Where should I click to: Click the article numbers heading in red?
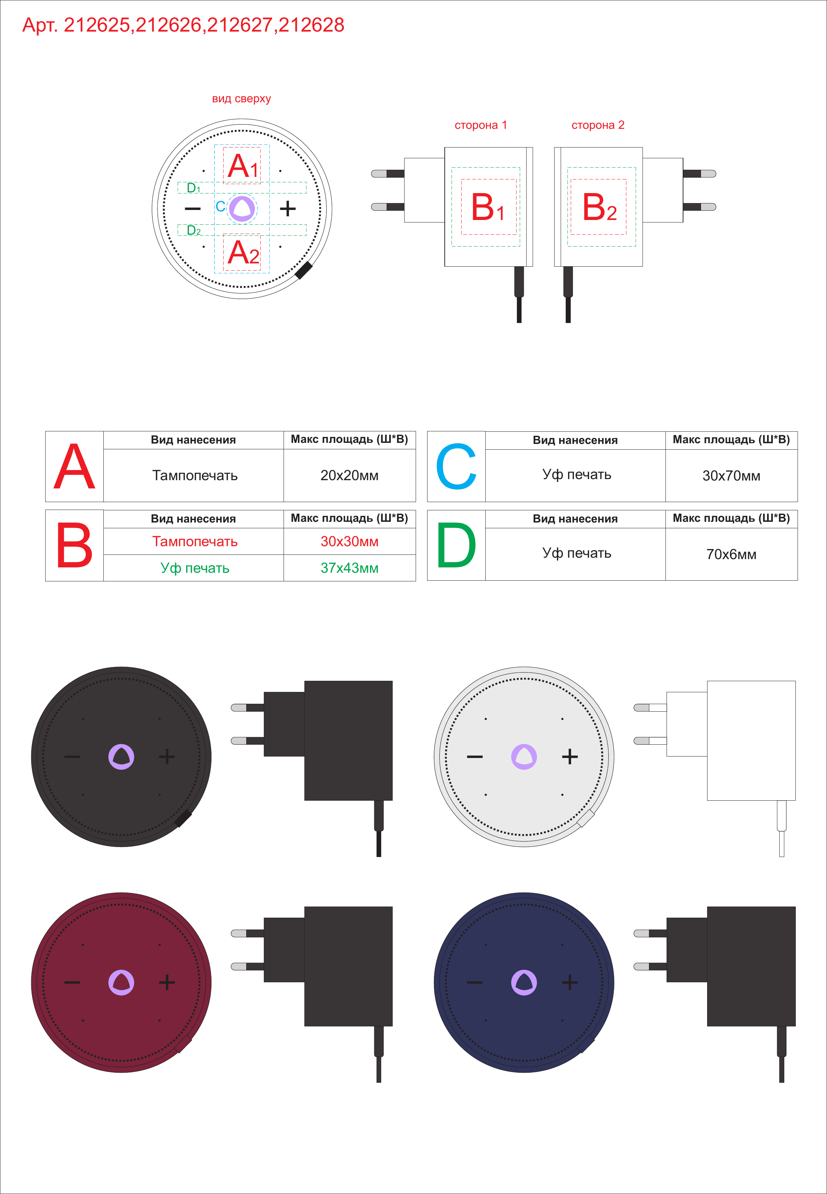click(183, 25)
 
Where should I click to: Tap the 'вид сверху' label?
click(242, 98)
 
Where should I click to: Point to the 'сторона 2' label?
click(598, 125)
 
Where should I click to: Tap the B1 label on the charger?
click(487, 207)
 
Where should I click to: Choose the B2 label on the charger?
click(599, 207)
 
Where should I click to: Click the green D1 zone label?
click(193, 188)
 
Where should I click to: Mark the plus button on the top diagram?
click(288, 209)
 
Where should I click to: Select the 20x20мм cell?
click(349, 476)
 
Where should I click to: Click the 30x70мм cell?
click(731, 476)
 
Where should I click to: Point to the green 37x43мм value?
click(349, 568)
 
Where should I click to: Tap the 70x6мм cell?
click(731, 554)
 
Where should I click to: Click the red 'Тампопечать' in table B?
click(195, 542)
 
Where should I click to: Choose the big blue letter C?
click(456, 466)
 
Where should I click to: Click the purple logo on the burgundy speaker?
click(121, 982)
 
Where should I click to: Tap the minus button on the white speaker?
click(475, 757)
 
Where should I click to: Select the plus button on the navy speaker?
click(570, 982)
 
